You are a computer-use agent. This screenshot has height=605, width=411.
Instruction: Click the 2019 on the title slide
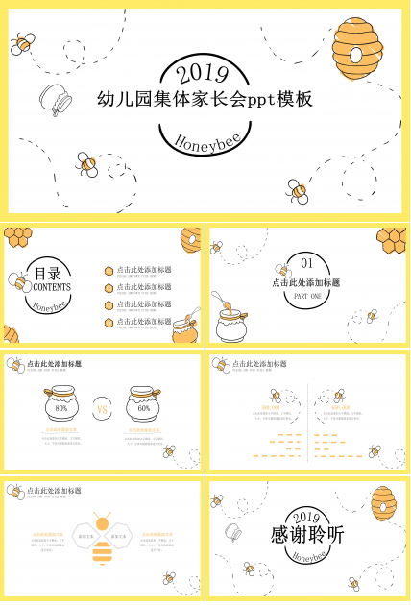coord(205,73)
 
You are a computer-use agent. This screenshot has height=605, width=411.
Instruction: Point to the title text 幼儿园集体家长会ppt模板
coord(205,100)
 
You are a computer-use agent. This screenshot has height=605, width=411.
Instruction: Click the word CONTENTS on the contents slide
coord(51,287)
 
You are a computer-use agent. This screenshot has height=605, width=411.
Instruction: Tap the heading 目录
coord(47,272)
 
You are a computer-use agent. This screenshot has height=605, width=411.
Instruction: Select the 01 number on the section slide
coord(307,263)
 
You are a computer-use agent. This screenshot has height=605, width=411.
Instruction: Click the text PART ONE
coord(307,297)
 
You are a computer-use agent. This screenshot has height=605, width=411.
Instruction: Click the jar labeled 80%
coord(61,407)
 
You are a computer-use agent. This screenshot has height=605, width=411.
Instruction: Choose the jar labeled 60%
coord(144,407)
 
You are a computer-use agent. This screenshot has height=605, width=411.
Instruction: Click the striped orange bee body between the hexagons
coord(102,551)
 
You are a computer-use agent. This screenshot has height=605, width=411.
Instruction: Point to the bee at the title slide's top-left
coord(23,42)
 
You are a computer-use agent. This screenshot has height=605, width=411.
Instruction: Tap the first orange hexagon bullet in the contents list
coord(109,271)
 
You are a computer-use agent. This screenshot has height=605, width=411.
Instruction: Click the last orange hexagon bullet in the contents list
coord(109,322)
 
